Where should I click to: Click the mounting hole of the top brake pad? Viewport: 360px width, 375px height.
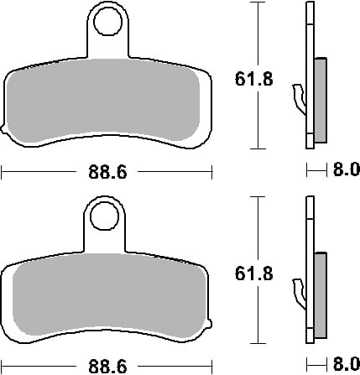107,22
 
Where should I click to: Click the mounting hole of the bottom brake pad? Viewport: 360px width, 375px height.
104,216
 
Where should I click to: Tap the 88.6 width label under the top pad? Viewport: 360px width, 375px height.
107,172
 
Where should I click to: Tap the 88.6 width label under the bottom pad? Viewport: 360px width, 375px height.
107,367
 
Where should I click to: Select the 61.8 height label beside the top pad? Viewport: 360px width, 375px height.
253,79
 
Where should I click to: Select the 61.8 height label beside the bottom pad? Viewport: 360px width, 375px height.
253,273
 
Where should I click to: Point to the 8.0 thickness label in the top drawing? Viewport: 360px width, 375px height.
347,169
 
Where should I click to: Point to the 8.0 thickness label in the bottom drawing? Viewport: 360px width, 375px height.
347,364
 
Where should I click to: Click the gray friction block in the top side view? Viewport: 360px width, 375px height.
321,101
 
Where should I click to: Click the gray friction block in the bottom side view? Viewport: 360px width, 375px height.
321,295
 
